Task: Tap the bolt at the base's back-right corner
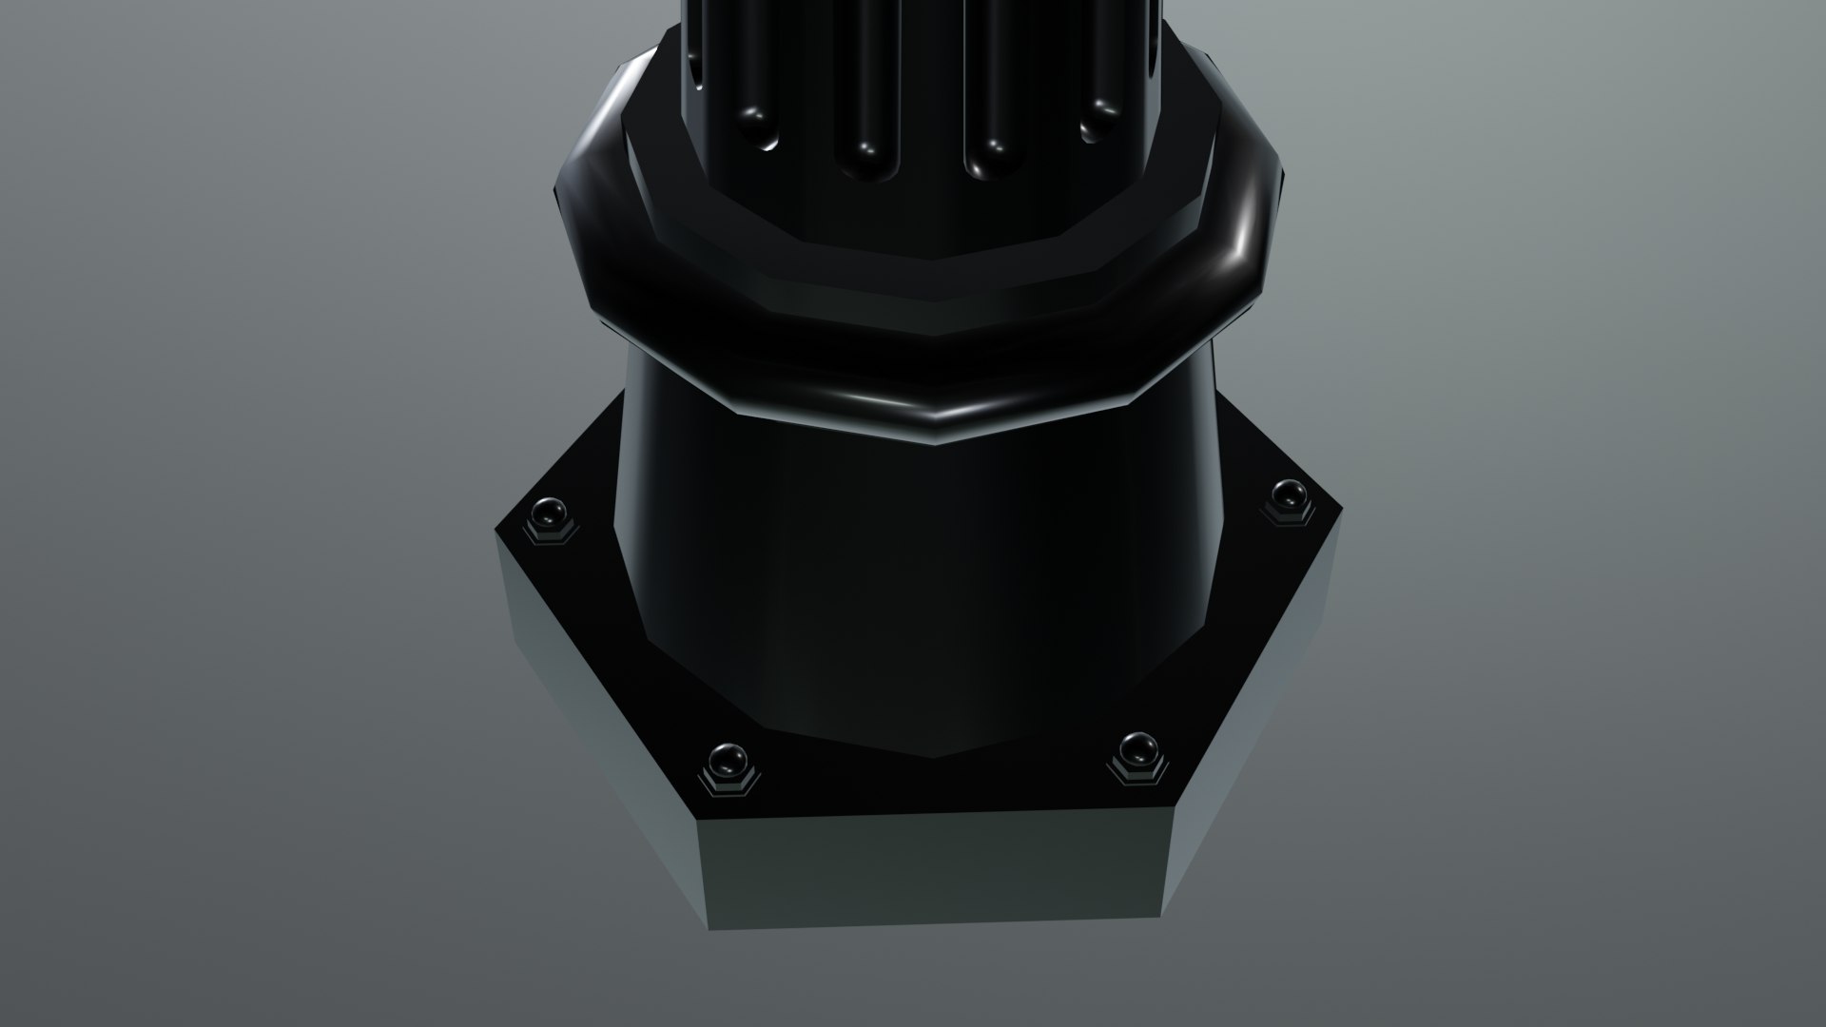point(1288,495)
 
